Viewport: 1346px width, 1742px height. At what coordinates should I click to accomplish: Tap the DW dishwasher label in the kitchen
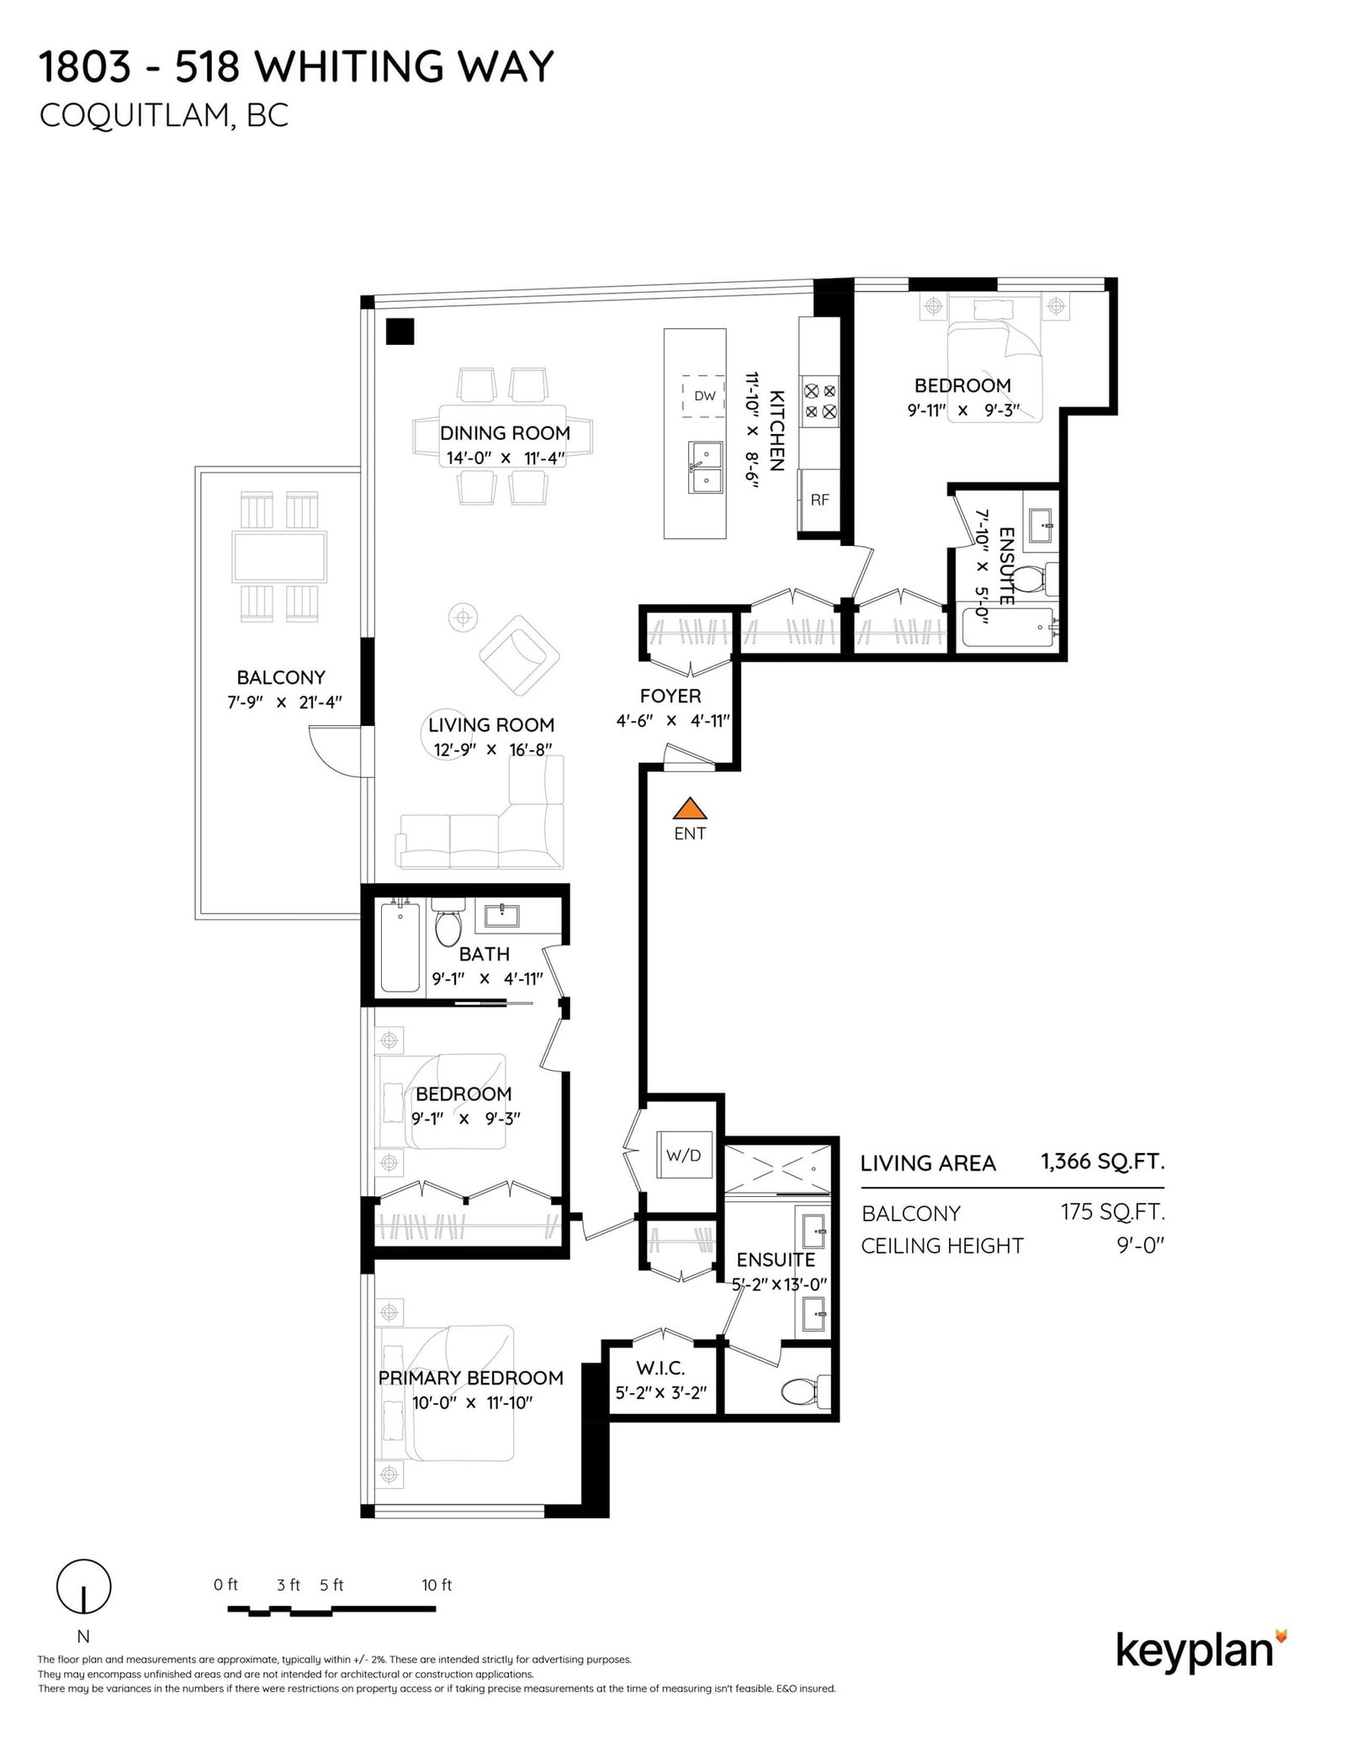pyautogui.click(x=704, y=395)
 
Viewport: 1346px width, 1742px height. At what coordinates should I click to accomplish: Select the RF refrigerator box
pyautogui.click(x=819, y=500)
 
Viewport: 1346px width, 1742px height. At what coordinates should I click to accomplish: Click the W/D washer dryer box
pyautogui.click(x=683, y=1155)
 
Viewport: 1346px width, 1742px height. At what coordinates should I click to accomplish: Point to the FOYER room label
pyautogui.click(x=670, y=696)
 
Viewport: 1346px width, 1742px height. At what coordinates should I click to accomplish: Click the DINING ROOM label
pyautogui.click(x=505, y=433)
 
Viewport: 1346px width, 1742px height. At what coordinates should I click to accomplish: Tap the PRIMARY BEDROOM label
pyautogui.click(x=470, y=1378)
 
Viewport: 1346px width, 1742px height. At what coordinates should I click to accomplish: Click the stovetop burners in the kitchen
pyautogui.click(x=820, y=401)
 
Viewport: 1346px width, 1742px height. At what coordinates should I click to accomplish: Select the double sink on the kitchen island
pyautogui.click(x=706, y=469)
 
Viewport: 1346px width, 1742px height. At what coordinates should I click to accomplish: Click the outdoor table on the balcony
pyautogui.click(x=279, y=557)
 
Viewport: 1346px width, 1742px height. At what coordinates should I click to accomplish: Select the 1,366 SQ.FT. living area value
pyautogui.click(x=1102, y=1162)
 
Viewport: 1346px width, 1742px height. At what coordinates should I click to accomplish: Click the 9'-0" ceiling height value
pyautogui.click(x=1140, y=1245)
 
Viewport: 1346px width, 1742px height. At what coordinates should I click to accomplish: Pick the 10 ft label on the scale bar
pyautogui.click(x=437, y=1586)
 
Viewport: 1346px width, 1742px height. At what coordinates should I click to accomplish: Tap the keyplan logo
pyautogui.click(x=1201, y=1651)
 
